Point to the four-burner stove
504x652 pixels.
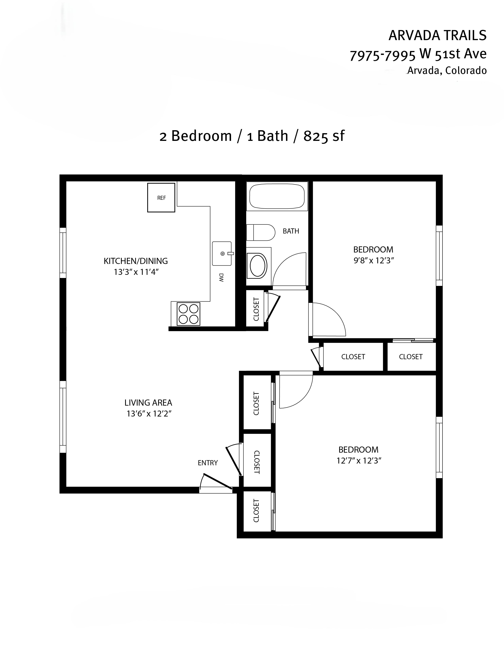(188, 314)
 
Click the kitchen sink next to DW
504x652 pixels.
(222, 253)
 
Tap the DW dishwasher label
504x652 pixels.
(221, 278)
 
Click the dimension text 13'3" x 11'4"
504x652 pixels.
(136, 272)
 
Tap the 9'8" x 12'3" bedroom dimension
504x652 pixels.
(374, 260)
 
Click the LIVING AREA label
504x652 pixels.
(148, 403)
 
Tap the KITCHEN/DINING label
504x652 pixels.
(136, 261)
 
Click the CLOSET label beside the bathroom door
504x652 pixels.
(256, 309)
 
